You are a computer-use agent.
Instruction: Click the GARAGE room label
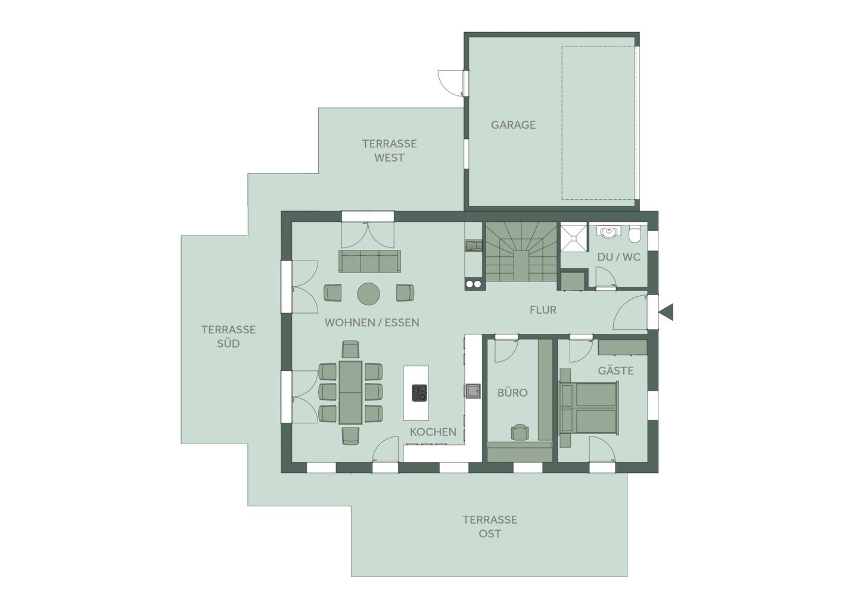513,125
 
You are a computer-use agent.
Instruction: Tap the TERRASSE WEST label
390,151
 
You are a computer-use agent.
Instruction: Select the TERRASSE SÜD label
228,336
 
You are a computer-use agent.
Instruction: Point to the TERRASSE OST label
490,527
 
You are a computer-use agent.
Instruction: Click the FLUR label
543,310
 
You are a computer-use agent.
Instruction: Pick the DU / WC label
618,257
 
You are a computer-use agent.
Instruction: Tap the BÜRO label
512,393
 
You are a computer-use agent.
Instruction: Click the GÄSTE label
616,370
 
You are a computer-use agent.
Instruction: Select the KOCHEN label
433,432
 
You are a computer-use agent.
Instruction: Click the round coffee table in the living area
368,294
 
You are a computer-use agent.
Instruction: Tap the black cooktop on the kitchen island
419,393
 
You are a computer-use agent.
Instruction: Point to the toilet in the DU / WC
635,234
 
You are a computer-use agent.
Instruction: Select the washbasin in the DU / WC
608,232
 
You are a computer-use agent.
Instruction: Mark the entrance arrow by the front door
666,312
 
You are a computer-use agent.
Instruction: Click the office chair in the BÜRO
520,432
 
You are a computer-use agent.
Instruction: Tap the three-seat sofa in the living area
369,261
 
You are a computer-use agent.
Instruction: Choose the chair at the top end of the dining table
350,349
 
